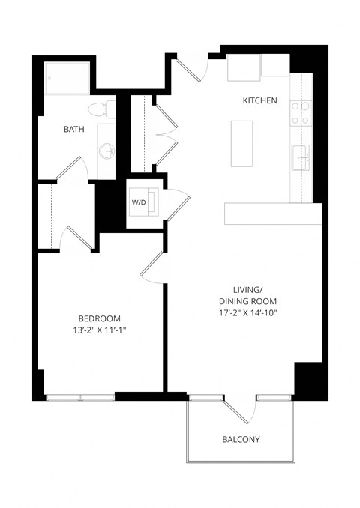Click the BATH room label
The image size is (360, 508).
pyautogui.click(x=73, y=129)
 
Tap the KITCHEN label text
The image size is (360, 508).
pyautogui.click(x=260, y=101)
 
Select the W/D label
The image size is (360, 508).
pyautogui.click(x=139, y=202)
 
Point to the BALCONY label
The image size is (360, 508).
pyautogui.click(x=241, y=439)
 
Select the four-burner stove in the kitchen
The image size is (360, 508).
pyautogui.click(x=298, y=112)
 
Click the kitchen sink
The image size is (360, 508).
pyautogui.click(x=300, y=157)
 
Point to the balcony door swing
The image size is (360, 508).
pyautogui.click(x=241, y=410)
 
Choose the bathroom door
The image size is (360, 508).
pyautogui.click(x=72, y=169)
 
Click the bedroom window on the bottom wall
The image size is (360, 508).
pyautogui.click(x=79, y=396)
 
